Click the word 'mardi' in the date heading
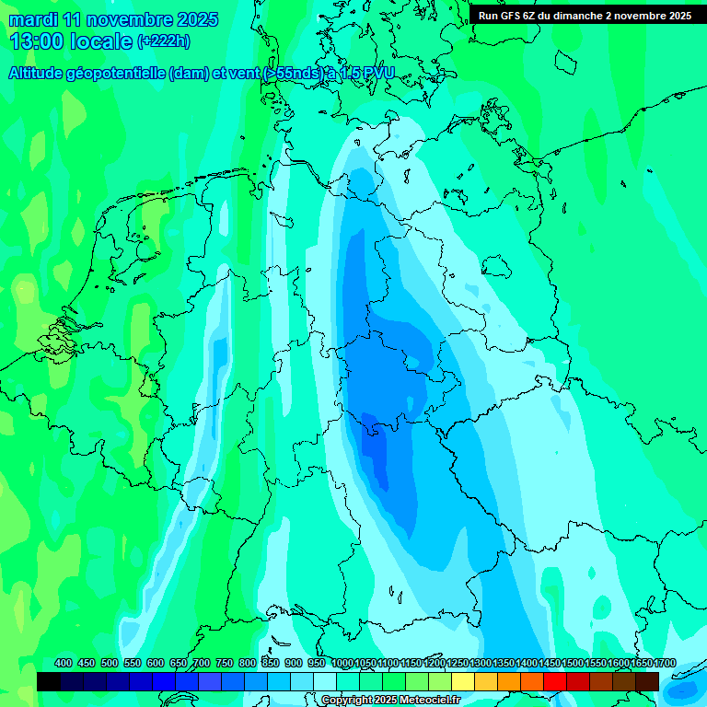click(34, 19)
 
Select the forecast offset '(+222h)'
click(164, 41)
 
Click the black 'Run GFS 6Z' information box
click(585, 16)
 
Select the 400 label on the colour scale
click(64, 664)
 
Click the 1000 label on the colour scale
click(342, 664)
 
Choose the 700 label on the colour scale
click(202, 664)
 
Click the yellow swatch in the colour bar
click(462, 681)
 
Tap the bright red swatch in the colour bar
click(554, 681)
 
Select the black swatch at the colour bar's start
click(48, 681)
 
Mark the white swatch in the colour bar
click(324, 681)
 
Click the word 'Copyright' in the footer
click(348, 701)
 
